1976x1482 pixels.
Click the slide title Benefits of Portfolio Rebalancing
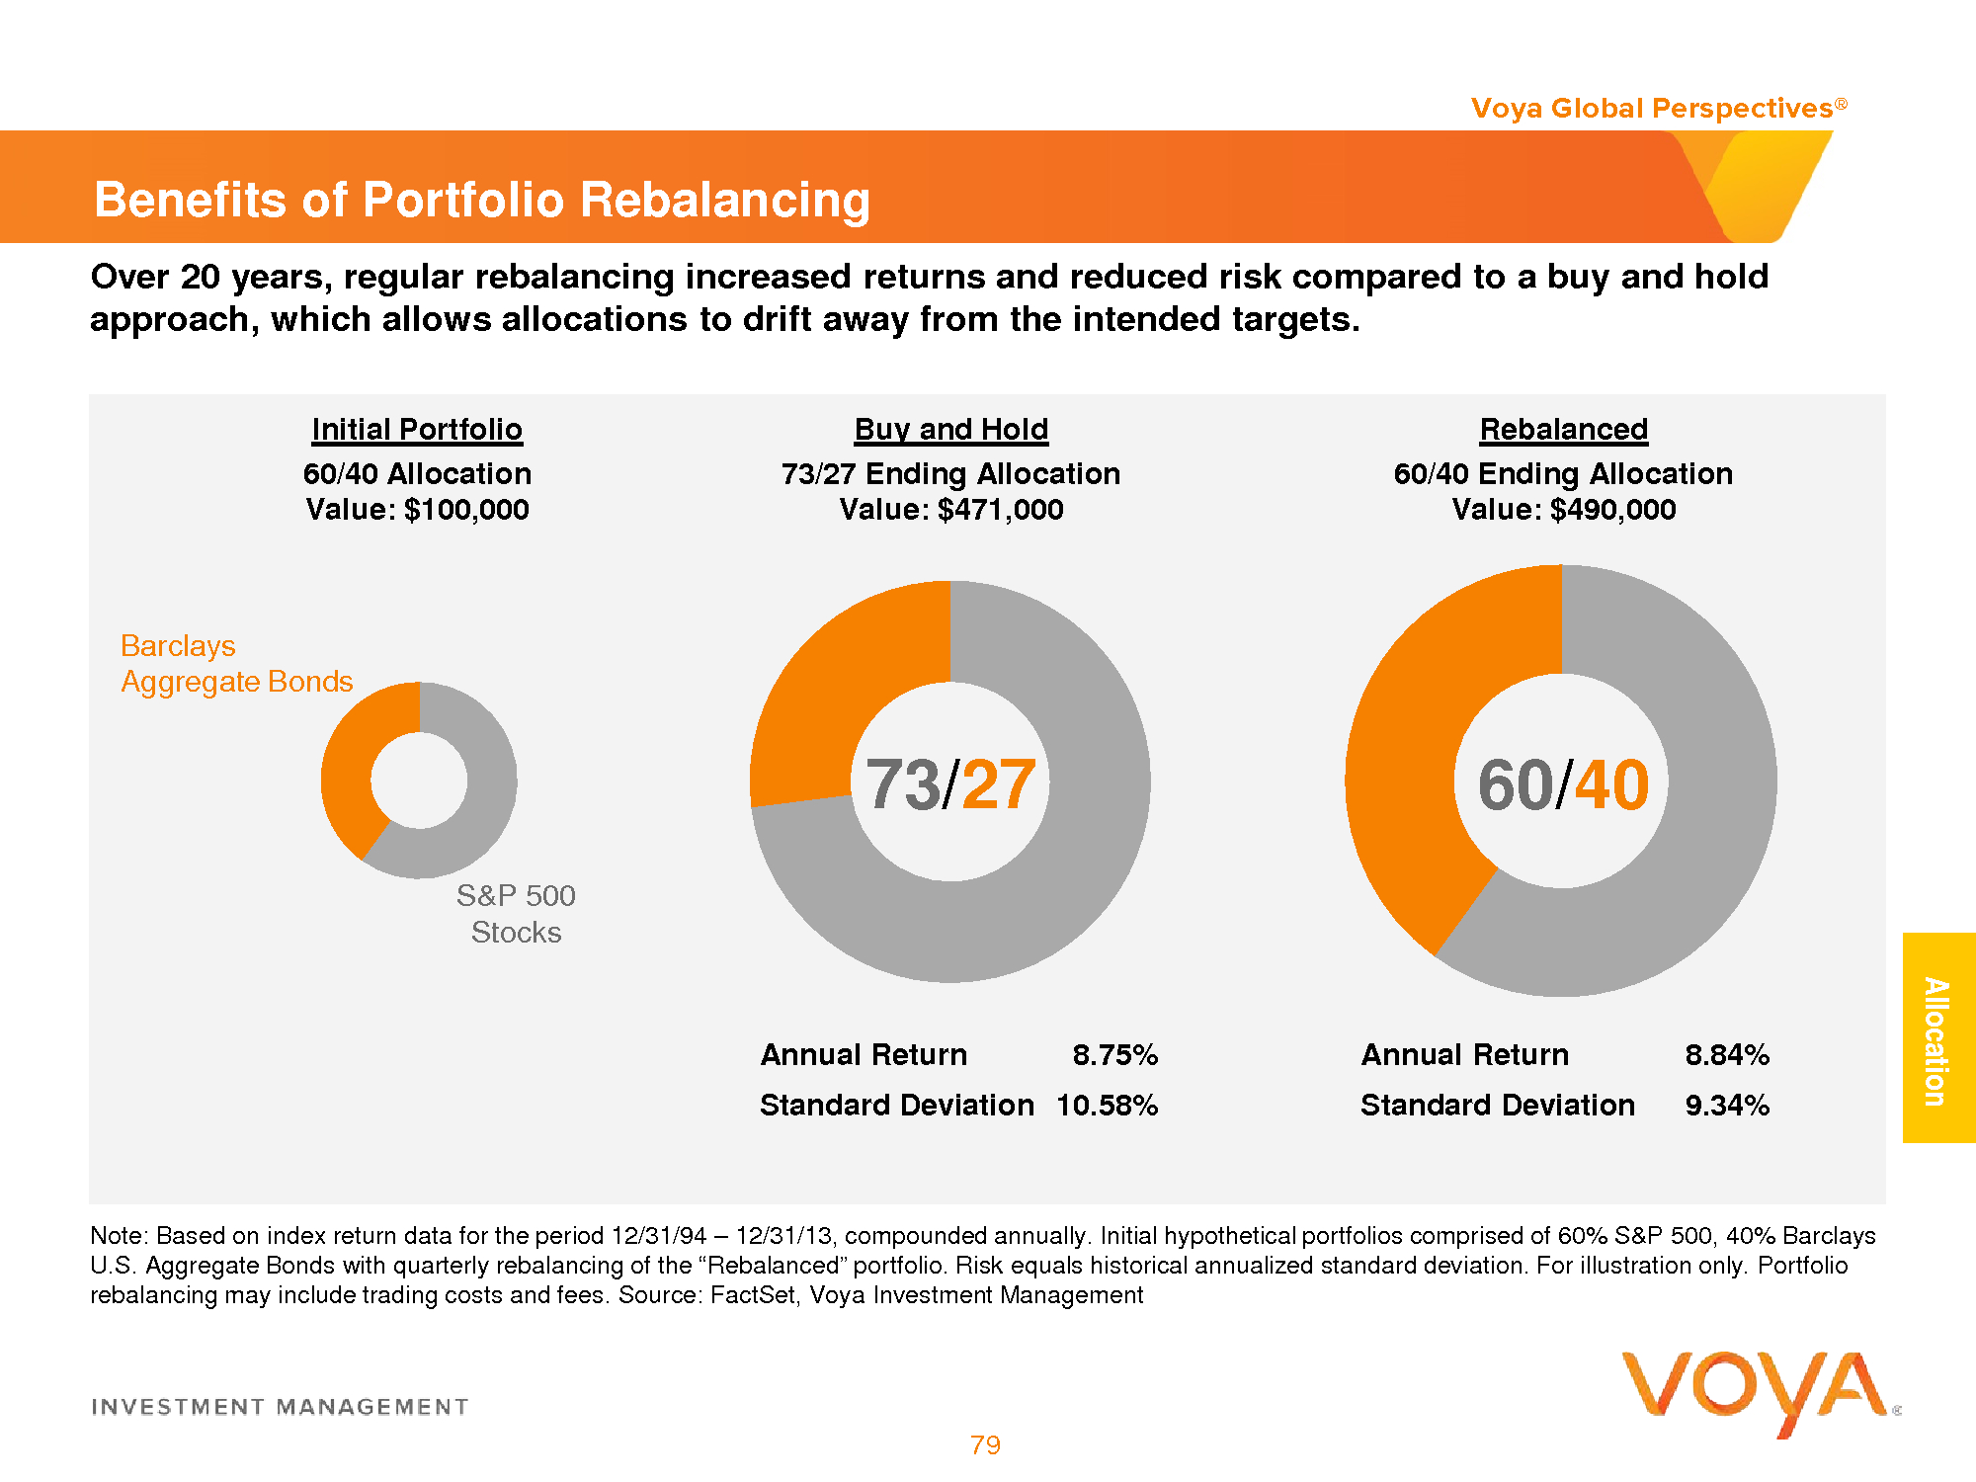click(481, 200)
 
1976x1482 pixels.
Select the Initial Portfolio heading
click(417, 430)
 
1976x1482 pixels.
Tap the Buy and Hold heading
click(950, 430)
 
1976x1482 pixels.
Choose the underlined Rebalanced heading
click(1563, 430)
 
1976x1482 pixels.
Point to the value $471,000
click(1000, 510)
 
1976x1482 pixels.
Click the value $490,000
click(1612, 510)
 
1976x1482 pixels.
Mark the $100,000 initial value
click(466, 510)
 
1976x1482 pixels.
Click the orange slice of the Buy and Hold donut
click(840, 692)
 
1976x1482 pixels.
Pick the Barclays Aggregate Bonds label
click(236, 664)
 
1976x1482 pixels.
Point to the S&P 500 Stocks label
click(516, 914)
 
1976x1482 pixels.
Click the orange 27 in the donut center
click(998, 785)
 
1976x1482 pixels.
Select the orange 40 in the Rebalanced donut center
click(1611, 785)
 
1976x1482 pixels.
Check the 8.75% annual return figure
click(1114, 1055)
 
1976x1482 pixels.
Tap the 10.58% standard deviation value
click(1107, 1106)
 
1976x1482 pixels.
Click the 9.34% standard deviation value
click(1727, 1106)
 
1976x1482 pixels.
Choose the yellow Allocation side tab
click(1937, 1038)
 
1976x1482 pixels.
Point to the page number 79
click(985, 1445)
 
